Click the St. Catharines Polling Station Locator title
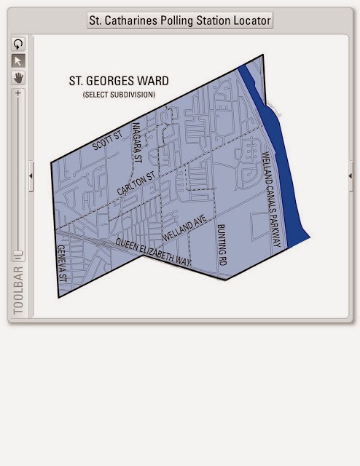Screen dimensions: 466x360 tap(179, 20)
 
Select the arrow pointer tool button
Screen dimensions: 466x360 tap(18, 60)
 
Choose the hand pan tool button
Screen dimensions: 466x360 tap(18, 76)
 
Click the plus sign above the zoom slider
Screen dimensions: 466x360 tap(18, 93)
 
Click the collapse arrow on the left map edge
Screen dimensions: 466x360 tap(31, 175)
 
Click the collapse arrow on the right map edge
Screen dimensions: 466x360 tap(351, 175)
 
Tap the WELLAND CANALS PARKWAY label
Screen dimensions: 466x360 tap(270, 198)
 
